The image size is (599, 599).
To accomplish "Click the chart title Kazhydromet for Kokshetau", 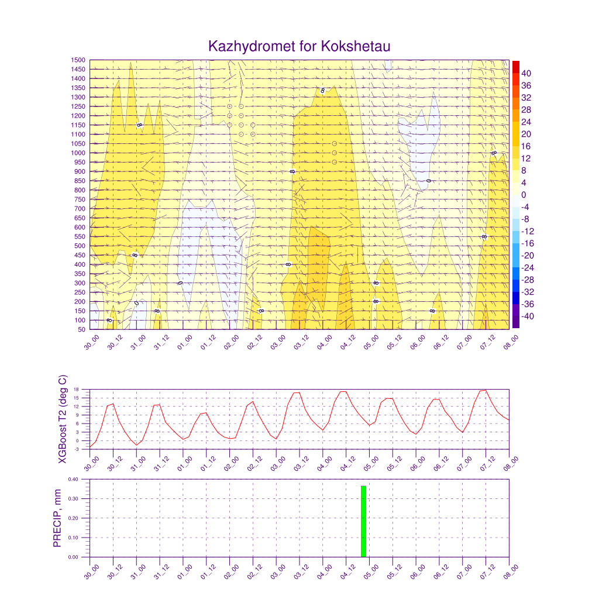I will [x=299, y=46].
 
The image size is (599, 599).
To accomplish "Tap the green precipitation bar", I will [x=363, y=521].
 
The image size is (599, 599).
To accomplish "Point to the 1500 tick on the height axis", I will [x=79, y=60].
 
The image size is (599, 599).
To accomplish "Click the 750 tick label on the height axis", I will [x=79, y=199].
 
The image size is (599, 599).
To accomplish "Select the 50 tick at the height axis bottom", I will [x=81, y=329].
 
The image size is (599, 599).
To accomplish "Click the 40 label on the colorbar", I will [x=526, y=73].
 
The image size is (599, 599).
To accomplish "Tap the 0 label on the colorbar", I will [x=524, y=195].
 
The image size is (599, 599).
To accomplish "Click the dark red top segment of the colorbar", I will [x=515, y=66].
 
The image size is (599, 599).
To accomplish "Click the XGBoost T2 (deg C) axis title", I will [x=62, y=419].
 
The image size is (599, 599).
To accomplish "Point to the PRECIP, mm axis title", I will [x=57, y=518].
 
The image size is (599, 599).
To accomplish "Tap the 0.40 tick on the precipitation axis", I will [x=73, y=479].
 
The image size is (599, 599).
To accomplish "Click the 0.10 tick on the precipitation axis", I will [x=73, y=538].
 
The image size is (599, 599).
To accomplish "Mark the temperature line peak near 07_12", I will [x=485, y=390].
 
